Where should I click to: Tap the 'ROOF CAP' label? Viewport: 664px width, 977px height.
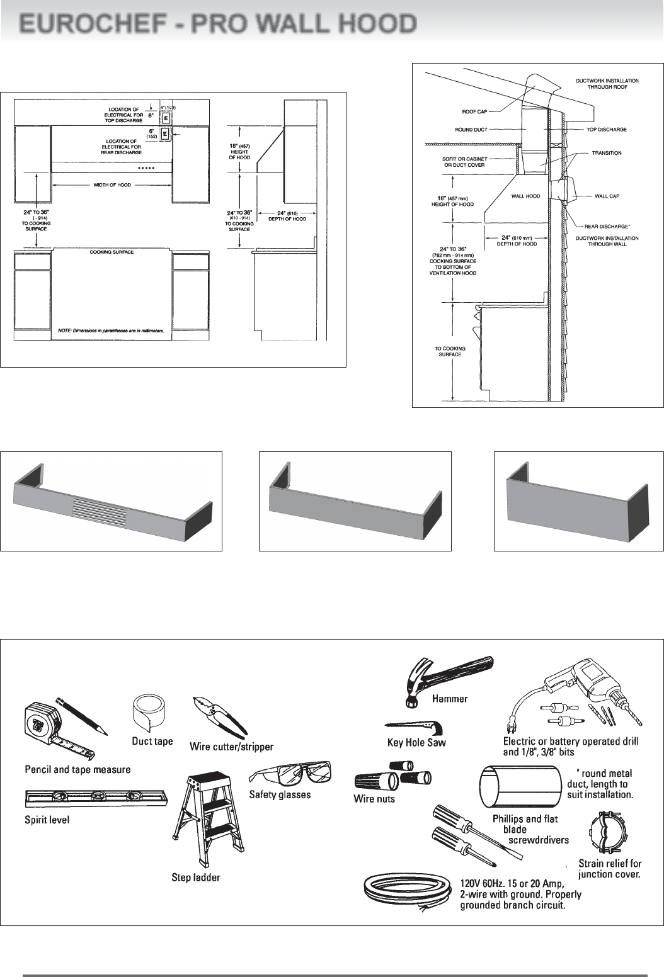475,112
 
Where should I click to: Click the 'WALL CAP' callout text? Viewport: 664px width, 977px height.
607,196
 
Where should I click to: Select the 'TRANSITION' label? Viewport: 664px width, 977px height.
607,153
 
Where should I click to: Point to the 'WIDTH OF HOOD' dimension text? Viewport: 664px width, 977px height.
112,185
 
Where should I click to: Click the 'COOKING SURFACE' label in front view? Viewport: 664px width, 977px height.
112,252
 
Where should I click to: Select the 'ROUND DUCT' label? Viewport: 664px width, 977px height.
471,130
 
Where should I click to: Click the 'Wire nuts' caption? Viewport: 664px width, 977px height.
374,799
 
